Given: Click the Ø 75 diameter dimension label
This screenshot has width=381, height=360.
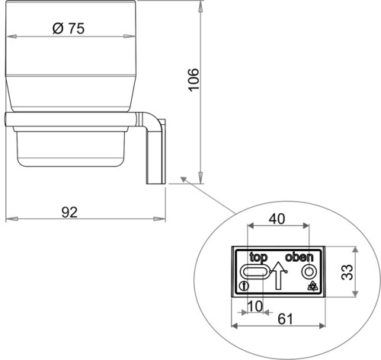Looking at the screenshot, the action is click(x=69, y=28).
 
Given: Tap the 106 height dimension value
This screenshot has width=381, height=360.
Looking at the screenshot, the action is click(x=194, y=79).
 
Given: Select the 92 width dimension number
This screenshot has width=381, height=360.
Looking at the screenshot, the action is click(x=69, y=212).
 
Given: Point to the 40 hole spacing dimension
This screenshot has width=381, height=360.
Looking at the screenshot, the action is click(x=277, y=218).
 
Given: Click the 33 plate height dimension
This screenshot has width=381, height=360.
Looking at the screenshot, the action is click(x=347, y=272).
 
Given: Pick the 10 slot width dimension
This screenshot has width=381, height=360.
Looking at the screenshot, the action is click(x=255, y=306).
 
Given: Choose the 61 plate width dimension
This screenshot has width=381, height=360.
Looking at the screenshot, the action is click(x=285, y=319).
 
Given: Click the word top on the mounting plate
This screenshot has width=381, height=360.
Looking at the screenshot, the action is click(x=258, y=257).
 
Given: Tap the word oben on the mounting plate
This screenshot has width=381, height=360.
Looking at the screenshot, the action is click(x=299, y=257).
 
